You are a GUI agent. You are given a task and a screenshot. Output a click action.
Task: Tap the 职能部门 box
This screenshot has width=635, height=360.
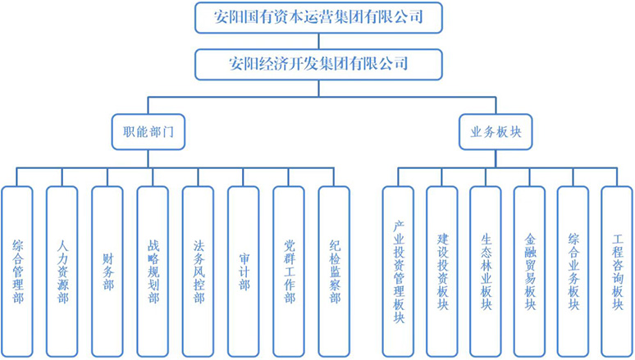pyautogui.click(x=148, y=131)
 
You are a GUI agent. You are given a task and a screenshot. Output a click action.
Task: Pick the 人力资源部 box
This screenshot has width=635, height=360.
pyautogui.click(x=62, y=271)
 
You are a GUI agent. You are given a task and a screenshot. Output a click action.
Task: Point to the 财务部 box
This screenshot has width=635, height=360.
pyautogui.click(x=107, y=271)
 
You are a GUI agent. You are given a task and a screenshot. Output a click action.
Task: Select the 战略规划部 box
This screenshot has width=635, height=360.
pyautogui.click(x=153, y=271)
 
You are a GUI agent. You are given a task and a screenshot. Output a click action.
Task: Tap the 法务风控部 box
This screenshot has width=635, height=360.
pyautogui.click(x=198, y=271)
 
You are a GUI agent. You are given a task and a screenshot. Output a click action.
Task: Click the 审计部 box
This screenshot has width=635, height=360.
pyautogui.click(x=243, y=271)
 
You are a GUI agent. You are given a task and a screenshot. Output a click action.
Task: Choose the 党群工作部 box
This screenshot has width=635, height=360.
pyautogui.click(x=289, y=271)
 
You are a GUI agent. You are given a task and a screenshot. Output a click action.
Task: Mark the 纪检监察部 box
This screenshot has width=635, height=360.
pyautogui.click(x=334, y=271)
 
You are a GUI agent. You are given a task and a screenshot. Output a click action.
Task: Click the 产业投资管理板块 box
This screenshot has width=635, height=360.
pyautogui.click(x=399, y=271)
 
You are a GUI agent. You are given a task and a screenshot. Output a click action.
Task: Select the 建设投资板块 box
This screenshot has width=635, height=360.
pyautogui.click(x=442, y=271)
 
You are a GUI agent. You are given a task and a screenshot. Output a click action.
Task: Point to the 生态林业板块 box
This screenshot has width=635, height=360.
pyautogui.click(x=486, y=271)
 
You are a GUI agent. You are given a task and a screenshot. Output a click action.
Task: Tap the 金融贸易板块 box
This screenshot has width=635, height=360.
pyautogui.click(x=530, y=271)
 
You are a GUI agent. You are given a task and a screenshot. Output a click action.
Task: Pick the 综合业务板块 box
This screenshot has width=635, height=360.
pyautogui.click(x=573, y=271)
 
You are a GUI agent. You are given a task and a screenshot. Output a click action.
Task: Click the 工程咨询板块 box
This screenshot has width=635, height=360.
pyautogui.click(x=617, y=271)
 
